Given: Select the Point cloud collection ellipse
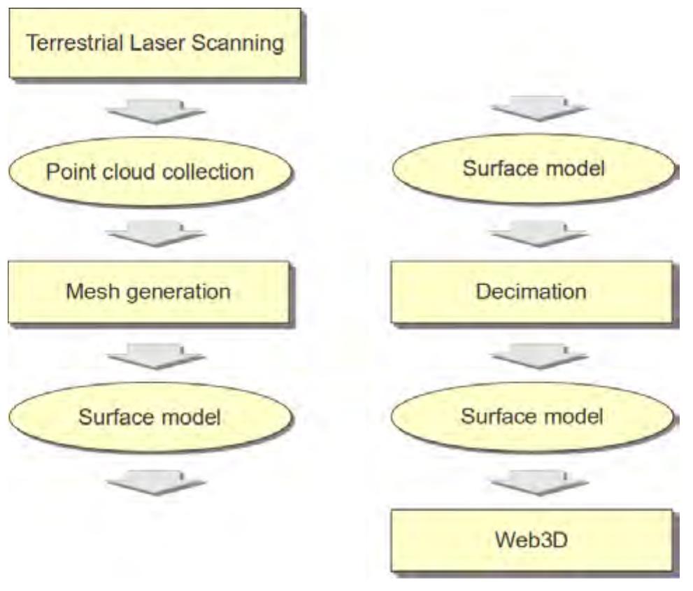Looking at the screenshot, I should [x=150, y=171].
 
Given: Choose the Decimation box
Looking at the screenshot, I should [x=531, y=292].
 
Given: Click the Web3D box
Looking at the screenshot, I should [x=531, y=540].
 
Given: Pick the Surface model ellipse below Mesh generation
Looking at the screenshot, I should [x=150, y=418].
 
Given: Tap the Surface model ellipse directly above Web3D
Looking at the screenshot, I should [x=533, y=418].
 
